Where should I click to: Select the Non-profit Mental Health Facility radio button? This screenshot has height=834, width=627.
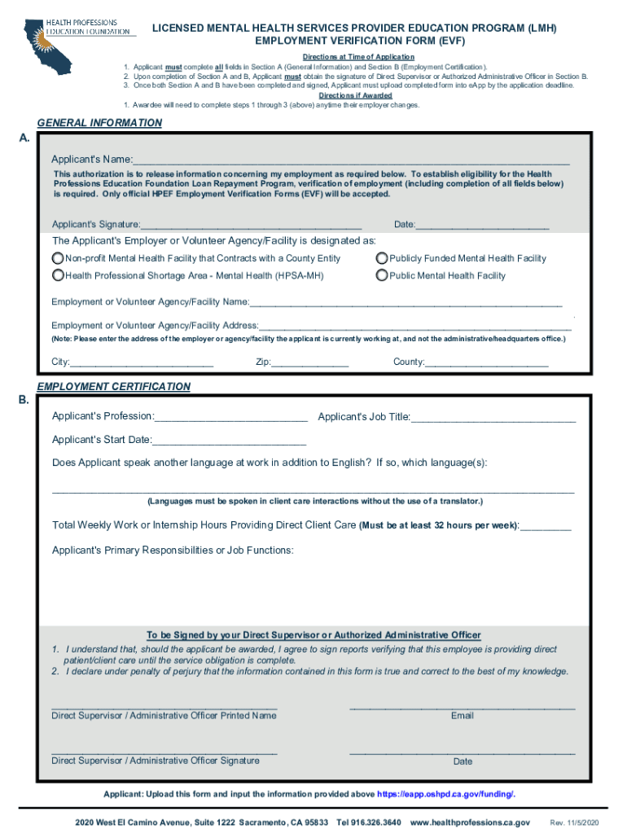[58, 258]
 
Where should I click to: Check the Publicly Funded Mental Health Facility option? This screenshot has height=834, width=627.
[382, 258]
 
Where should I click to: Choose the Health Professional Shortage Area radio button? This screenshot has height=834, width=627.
[58, 275]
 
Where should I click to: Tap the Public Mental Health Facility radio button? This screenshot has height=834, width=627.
[382, 275]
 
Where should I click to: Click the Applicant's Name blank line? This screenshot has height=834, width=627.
[350, 160]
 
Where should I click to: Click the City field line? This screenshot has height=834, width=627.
[142, 362]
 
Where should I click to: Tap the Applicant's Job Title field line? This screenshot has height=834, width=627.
[493, 417]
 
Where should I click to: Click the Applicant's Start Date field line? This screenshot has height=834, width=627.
[229, 440]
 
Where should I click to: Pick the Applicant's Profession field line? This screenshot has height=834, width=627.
[231, 417]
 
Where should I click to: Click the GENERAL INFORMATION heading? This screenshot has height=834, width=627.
[99, 123]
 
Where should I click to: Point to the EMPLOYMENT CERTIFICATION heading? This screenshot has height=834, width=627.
[113, 387]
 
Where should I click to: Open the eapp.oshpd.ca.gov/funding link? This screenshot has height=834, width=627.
[445, 794]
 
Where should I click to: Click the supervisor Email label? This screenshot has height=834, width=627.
[462, 716]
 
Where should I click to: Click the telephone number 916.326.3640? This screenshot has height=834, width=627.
[370, 823]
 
